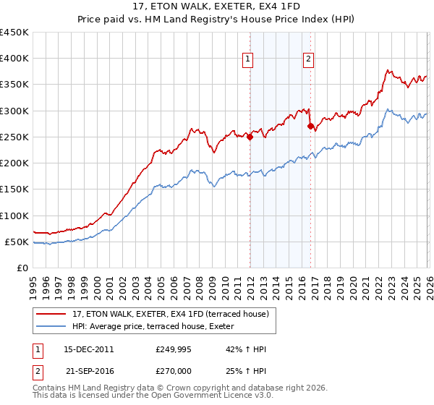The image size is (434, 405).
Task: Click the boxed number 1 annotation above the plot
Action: [248, 59]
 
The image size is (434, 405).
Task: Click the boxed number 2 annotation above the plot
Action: [308, 59]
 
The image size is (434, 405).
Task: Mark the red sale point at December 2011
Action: [250, 137]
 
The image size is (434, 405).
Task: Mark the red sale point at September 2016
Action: [310, 127]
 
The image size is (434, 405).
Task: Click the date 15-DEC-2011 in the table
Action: [88, 349]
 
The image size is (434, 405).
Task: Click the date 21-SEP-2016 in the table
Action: [88, 370]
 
